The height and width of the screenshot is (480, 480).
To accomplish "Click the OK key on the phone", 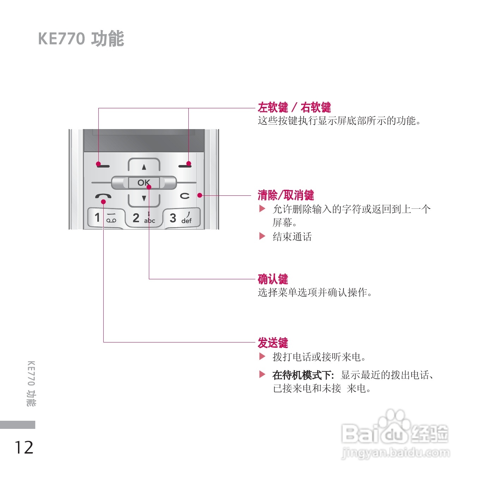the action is click(x=144, y=183).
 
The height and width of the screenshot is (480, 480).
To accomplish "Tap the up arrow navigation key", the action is click(x=144, y=167).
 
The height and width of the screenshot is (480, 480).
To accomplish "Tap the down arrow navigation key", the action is click(x=144, y=198).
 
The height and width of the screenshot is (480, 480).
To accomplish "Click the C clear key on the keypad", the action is click(x=185, y=196).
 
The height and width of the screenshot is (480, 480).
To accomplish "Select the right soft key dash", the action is click(x=185, y=165).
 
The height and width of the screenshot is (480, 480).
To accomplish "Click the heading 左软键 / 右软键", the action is click(x=294, y=107).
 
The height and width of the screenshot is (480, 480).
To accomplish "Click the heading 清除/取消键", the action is click(x=286, y=195).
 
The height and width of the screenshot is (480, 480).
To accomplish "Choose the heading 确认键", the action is click(x=273, y=279).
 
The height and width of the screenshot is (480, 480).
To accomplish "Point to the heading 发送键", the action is click(x=273, y=342).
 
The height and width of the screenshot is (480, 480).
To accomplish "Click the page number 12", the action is click(x=24, y=447).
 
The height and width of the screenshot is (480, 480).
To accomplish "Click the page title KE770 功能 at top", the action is click(x=81, y=38).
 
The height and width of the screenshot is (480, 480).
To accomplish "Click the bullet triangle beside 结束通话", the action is click(x=262, y=236).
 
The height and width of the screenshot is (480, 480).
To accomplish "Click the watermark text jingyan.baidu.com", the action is click(x=396, y=452).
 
